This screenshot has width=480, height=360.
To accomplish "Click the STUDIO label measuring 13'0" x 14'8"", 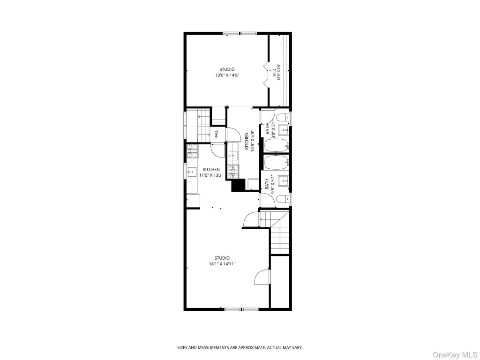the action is (x=227, y=72).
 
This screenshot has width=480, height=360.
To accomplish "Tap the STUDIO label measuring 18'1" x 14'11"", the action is (x=222, y=261).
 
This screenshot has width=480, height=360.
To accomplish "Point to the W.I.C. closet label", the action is (x=277, y=72).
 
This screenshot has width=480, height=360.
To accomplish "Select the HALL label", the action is (x=216, y=134).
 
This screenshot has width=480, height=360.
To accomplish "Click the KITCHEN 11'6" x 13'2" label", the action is (x=211, y=172).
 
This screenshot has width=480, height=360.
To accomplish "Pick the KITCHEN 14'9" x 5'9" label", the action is (x=249, y=141).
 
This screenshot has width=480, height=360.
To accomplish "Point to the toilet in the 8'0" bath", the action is (x=283, y=117).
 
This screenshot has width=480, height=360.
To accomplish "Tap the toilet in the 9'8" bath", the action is (x=283, y=199).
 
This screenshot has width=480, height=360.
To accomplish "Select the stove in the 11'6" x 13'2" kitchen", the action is (x=193, y=151).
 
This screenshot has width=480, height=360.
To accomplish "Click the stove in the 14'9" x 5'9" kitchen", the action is (x=233, y=172).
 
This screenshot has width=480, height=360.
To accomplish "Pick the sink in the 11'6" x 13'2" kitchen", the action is (x=192, y=172).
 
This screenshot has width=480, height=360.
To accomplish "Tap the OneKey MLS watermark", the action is (x=455, y=354).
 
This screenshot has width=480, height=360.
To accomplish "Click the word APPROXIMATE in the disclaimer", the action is (x=250, y=347).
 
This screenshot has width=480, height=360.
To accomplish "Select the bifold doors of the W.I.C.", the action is (x=265, y=74).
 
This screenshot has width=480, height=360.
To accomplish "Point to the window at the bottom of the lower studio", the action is (x=242, y=309).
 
